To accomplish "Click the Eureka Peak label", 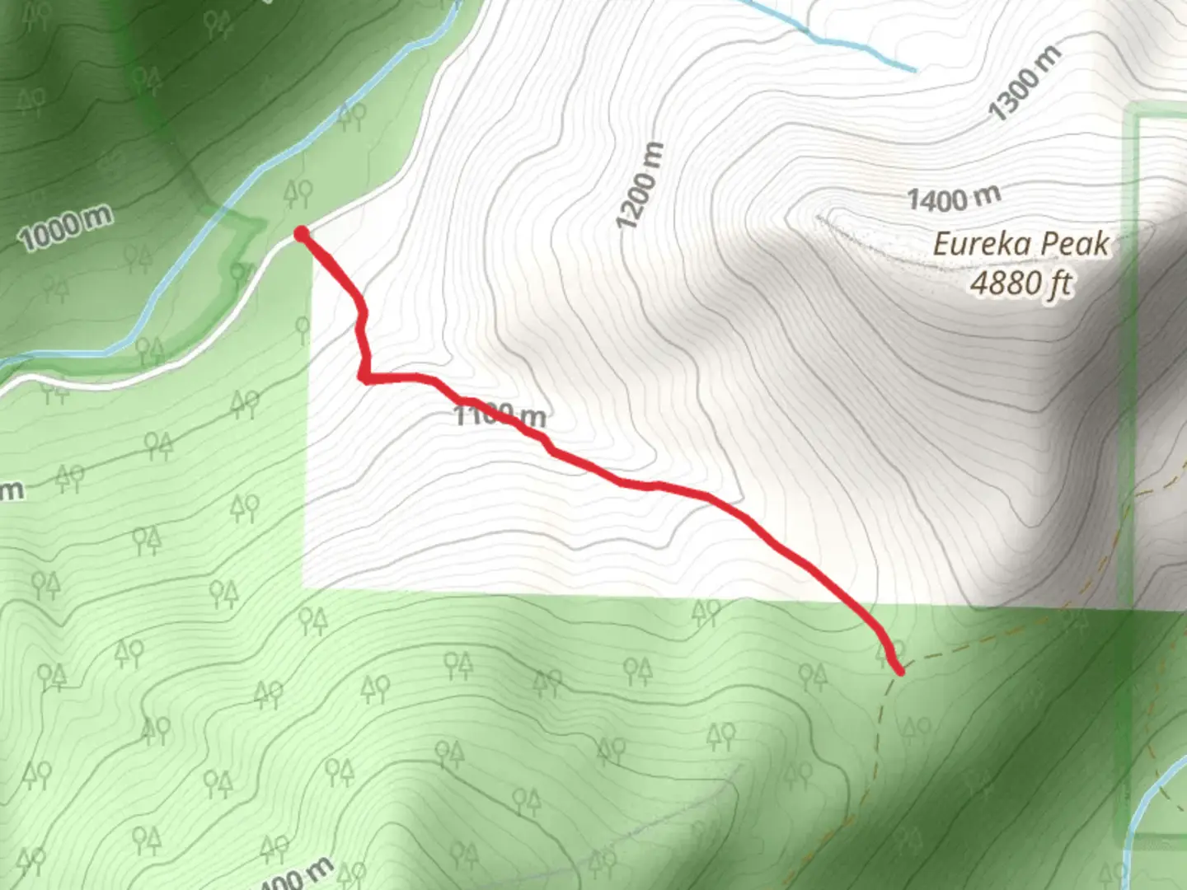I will (x=1020, y=244).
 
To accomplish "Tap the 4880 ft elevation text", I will (x=1020, y=283).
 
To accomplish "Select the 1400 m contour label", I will (x=954, y=198).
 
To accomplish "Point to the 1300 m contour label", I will (x=1024, y=83).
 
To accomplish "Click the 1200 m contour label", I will (x=640, y=186).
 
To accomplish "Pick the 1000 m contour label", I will (x=65, y=229).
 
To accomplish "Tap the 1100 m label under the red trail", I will (x=500, y=415).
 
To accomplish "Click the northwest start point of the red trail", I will (x=303, y=235).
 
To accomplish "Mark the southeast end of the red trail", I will (x=899, y=670).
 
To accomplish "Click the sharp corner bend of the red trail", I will (x=364, y=377).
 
